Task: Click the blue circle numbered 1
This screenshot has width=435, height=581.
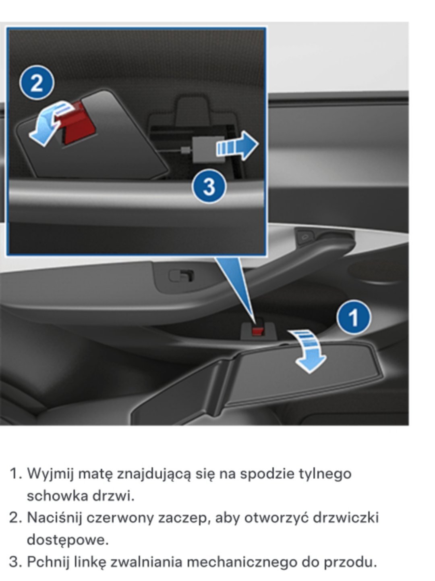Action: click(353, 317)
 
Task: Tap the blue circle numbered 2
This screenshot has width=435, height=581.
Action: click(37, 83)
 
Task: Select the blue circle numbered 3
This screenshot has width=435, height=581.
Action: click(209, 186)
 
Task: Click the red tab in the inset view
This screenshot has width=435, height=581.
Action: click(78, 123)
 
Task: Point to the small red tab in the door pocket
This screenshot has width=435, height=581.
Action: click(257, 331)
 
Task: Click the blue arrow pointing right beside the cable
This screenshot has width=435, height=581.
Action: click(237, 146)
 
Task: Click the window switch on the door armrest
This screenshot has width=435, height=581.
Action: click(181, 276)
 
